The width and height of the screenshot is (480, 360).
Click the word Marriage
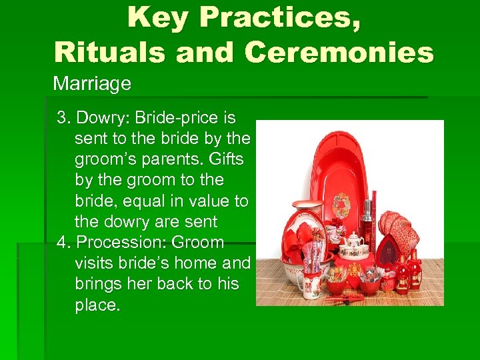click(91, 84)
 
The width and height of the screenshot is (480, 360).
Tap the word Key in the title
click(158, 18)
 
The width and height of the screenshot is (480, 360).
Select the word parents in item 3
click(169, 160)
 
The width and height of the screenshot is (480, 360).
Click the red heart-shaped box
click(388, 250)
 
